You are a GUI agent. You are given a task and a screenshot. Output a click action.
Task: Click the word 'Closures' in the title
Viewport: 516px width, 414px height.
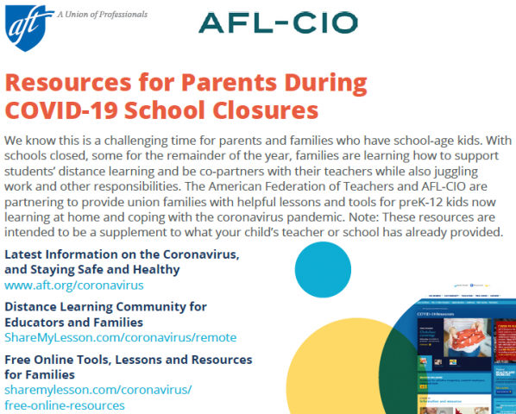coord(267,110)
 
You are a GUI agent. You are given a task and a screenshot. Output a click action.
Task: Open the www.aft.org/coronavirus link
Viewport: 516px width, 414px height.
coord(73,285)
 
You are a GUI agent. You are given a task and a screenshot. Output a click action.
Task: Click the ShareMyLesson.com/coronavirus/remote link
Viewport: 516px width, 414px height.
coord(120,337)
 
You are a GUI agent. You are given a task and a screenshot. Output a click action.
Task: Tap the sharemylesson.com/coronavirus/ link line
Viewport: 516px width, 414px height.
coord(98,390)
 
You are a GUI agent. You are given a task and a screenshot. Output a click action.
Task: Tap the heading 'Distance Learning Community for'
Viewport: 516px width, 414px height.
coord(105,306)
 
